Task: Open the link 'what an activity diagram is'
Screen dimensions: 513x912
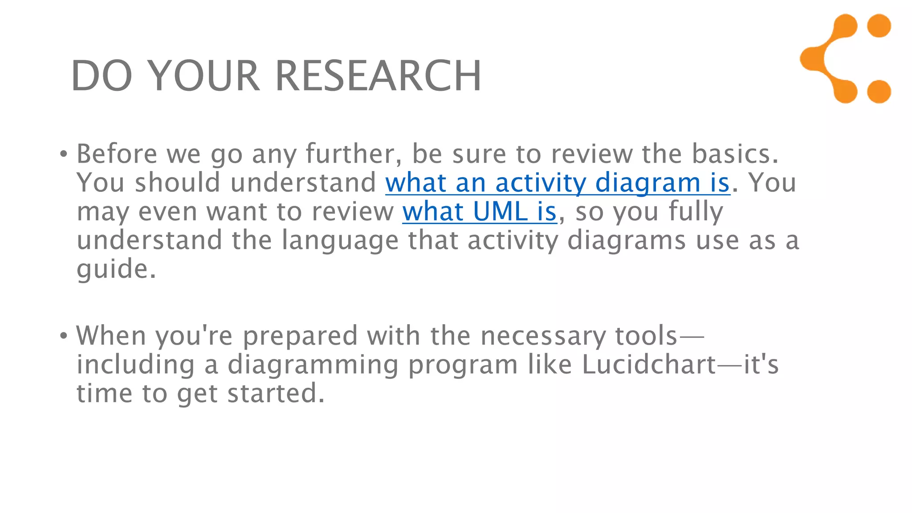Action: pos(558,183)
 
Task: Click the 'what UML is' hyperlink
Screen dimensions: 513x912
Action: pos(479,212)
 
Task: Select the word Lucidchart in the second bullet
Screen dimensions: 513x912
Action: pos(649,365)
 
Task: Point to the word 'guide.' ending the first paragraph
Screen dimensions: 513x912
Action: pos(116,269)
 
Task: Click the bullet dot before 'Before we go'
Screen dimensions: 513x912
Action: pos(64,155)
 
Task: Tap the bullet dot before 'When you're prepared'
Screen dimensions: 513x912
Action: pos(64,336)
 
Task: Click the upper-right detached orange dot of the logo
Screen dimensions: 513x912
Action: pos(879,26)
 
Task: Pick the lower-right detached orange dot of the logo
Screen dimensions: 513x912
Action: pos(879,92)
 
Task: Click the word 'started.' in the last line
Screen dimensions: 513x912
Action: pos(276,394)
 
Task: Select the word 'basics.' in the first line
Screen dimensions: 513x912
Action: pos(735,154)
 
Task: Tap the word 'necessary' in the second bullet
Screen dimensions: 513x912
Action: pos(543,336)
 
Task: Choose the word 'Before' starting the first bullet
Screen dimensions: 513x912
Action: pos(117,154)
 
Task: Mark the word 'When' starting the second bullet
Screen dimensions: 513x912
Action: pos(111,336)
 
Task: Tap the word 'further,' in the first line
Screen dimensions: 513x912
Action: pos(354,154)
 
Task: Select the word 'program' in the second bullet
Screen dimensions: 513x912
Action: pos(463,366)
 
